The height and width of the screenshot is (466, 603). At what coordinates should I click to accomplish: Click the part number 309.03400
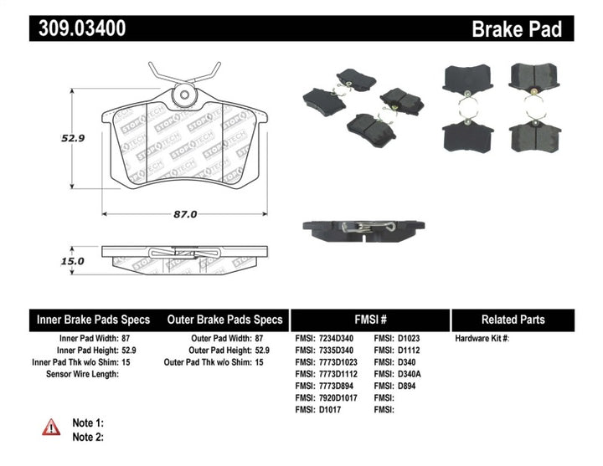(82, 28)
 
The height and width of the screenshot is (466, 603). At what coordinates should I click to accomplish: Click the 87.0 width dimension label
(184, 214)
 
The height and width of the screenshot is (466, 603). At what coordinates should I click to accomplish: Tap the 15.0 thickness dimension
(72, 261)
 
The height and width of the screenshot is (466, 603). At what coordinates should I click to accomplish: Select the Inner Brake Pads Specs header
(93, 320)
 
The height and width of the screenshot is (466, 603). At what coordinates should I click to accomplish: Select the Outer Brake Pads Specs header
(225, 320)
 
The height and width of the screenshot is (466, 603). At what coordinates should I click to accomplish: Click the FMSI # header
(369, 320)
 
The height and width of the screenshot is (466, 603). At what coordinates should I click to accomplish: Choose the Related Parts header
(513, 320)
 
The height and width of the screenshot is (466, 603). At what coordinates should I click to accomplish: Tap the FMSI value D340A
(411, 375)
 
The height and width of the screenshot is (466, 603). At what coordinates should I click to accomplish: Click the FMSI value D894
(408, 387)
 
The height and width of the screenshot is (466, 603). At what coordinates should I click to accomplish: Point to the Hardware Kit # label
(482, 339)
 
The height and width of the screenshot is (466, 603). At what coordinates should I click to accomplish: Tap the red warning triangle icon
(52, 427)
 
